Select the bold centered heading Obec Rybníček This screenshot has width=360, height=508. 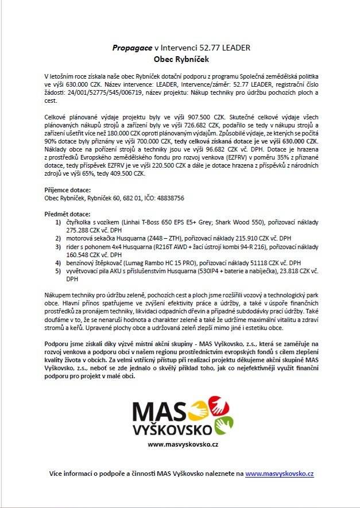[x=179, y=59]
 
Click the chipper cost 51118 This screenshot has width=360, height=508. [x=248, y=262]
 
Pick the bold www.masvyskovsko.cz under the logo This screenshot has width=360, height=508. [x=180, y=444]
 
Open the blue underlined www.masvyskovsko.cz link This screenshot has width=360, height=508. [x=279, y=474]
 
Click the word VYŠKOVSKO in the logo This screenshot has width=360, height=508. [x=171, y=429]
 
